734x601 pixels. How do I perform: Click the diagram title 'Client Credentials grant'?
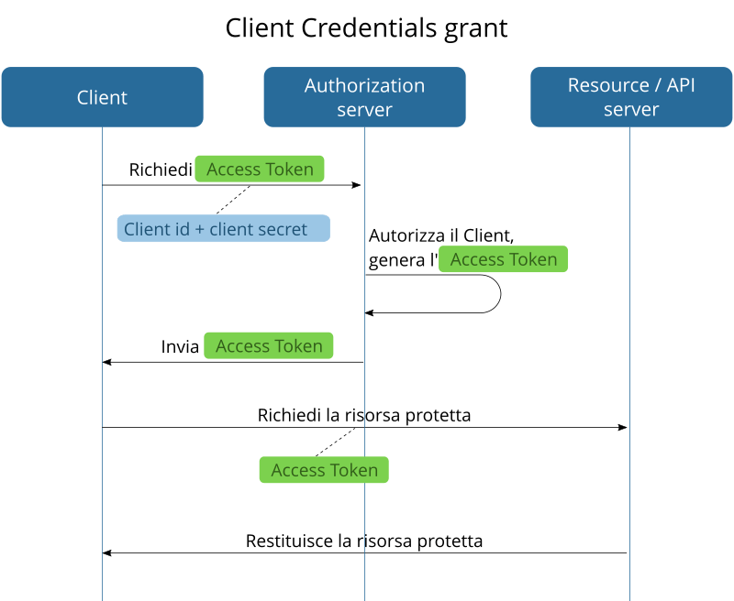pyautogui.click(x=366, y=28)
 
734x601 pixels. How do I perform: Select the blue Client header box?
pyautogui.click(x=102, y=97)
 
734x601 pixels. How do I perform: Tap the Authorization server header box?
pyautogui.click(x=364, y=97)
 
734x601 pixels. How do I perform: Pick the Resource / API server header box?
pyautogui.click(x=631, y=97)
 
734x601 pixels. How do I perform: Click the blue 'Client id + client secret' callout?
pyautogui.click(x=223, y=229)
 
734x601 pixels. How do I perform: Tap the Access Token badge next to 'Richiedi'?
pyautogui.click(x=260, y=169)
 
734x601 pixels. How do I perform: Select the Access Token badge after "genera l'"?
pyautogui.click(x=503, y=259)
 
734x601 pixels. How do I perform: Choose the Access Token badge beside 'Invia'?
pyautogui.click(x=268, y=346)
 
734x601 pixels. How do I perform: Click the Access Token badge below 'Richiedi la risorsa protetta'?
pyautogui.click(x=324, y=470)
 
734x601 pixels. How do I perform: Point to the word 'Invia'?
pyautogui.click(x=180, y=346)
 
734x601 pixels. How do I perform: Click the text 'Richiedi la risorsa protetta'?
pyautogui.click(x=364, y=415)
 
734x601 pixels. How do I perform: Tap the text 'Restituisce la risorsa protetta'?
pyautogui.click(x=364, y=541)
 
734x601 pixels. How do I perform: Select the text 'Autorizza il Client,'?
pyautogui.click(x=440, y=236)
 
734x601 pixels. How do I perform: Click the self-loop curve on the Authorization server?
pyautogui.click(x=499, y=294)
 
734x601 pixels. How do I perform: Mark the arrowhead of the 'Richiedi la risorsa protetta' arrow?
pyautogui.click(x=623, y=428)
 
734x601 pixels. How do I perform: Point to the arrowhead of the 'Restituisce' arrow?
pyautogui.click(x=106, y=553)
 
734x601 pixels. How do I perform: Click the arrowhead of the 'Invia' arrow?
pyautogui.click(x=106, y=363)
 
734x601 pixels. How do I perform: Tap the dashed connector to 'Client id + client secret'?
pyautogui.click(x=234, y=200)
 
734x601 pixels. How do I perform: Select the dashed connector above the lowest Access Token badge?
pyautogui.click(x=336, y=442)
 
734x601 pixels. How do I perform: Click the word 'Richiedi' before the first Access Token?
pyautogui.click(x=161, y=169)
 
